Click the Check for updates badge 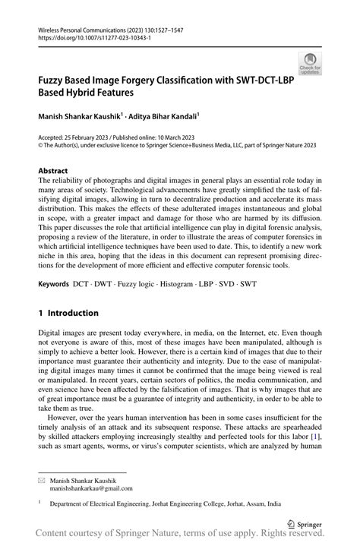(x=310, y=64)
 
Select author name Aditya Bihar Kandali (x=163, y=115)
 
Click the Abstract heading (x=53, y=171)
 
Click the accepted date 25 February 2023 (x=91, y=137)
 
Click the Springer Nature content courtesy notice (x=180, y=537)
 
